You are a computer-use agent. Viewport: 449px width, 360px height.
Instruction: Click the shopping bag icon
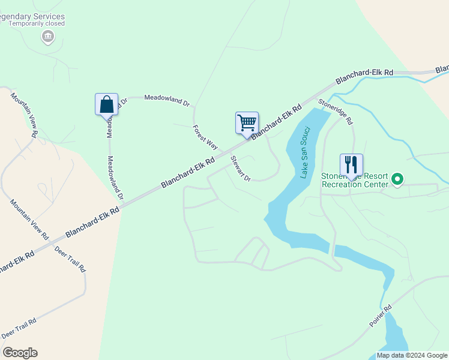tap(106, 104)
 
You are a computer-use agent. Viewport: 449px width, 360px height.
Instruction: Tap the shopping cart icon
tap(247, 122)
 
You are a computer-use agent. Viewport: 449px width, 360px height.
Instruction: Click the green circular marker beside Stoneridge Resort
tap(397, 179)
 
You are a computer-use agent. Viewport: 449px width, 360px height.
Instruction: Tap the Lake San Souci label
tap(305, 152)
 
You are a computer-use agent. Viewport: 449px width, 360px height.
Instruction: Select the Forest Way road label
tap(205, 136)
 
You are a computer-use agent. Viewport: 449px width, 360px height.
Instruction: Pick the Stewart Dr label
tap(240, 168)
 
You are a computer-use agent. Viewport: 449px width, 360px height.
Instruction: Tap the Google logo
tap(20, 353)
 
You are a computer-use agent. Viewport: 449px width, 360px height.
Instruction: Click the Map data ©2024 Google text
tap(412, 355)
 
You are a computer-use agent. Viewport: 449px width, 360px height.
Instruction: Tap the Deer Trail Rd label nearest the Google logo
tap(19, 328)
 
